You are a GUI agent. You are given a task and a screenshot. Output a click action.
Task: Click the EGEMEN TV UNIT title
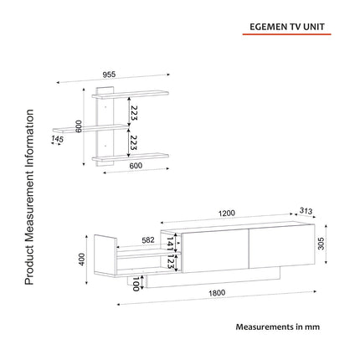287,27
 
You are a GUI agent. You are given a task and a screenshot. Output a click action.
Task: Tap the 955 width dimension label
109,75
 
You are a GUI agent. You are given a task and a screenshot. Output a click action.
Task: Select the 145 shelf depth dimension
57,139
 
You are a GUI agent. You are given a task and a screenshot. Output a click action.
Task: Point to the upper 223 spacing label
134,113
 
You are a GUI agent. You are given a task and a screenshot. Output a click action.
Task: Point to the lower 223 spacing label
134,142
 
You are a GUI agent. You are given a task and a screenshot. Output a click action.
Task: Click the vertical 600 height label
79,126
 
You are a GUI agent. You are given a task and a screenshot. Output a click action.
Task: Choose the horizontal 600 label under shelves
136,166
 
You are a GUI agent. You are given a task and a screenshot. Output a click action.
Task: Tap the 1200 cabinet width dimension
227,213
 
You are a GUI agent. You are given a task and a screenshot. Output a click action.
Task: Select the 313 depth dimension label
306,211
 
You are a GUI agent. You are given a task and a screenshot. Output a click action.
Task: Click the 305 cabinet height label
321,244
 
